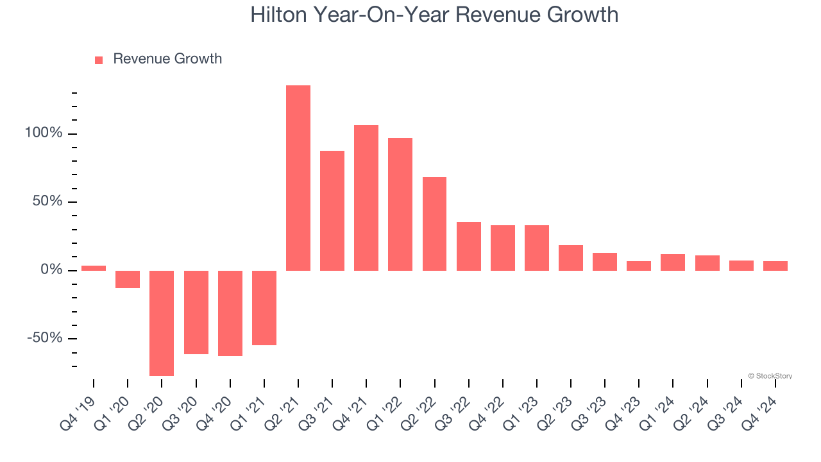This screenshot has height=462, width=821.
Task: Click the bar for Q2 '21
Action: click(x=298, y=178)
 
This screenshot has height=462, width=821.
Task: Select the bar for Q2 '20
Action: click(x=162, y=323)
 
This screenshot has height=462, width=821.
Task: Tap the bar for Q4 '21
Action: click(x=366, y=198)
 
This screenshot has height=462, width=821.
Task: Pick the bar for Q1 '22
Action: click(x=400, y=204)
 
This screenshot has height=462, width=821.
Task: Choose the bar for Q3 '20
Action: click(x=196, y=312)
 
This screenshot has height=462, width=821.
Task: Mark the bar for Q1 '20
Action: click(x=128, y=279)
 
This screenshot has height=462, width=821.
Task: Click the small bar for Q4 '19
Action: click(x=94, y=268)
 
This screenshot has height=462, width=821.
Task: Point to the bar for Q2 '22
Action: click(x=434, y=223)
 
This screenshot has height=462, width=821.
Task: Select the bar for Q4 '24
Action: click(x=775, y=266)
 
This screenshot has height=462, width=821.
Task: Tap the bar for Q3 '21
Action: click(x=332, y=210)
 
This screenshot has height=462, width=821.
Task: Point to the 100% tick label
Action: click(x=44, y=133)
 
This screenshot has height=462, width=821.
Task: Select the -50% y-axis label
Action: click(x=45, y=338)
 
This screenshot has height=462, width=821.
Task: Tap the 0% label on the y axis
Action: click(x=51, y=270)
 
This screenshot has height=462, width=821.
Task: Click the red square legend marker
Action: click(x=99, y=60)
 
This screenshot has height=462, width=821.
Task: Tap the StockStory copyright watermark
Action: click(x=770, y=376)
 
